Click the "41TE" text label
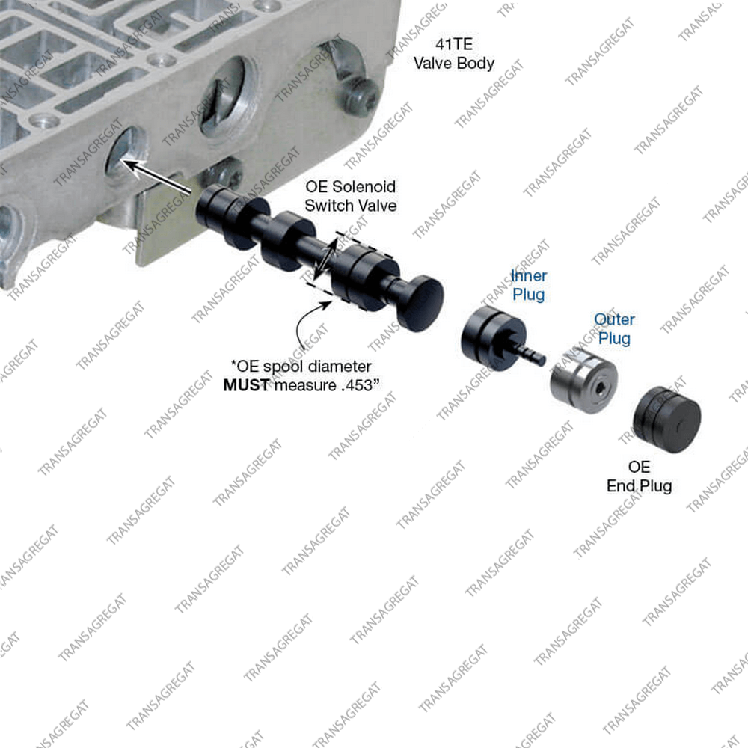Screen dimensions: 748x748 [x=453, y=43]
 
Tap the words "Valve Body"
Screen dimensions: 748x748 [x=454, y=63]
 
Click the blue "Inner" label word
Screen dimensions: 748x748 [x=529, y=275]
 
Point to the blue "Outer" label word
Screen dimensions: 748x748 [x=614, y=319]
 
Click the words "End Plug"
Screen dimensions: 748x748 [x=639, y=486]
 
